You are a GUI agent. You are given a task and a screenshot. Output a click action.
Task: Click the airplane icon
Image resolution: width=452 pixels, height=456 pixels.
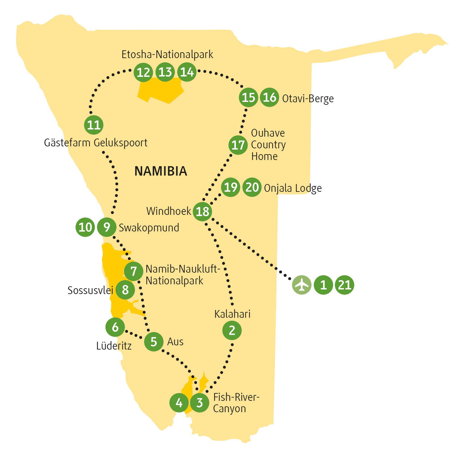click(302, 285)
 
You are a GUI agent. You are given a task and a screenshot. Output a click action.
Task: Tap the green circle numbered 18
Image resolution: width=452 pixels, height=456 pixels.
click(202, 212)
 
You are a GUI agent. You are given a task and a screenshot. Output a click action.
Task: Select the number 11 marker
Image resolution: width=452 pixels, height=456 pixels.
click(94, 125)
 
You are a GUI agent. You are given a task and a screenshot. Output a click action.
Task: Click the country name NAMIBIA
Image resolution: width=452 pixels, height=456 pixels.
click(161, 171)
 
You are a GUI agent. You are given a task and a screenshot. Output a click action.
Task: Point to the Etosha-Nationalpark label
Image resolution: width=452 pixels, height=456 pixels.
click(167, 55)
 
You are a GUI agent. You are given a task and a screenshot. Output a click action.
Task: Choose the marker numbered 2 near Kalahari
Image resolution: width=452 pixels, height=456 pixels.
click(232, 330)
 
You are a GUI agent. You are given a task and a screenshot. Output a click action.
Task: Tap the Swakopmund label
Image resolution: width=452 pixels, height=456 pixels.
click(149, 228)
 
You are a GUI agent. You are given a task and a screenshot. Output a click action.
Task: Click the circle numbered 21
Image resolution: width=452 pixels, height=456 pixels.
click(345, 285)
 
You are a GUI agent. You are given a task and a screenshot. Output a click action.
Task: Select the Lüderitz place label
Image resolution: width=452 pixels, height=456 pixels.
click(114, 346)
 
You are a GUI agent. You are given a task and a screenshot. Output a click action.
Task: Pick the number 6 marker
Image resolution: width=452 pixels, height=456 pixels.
click(115, 327)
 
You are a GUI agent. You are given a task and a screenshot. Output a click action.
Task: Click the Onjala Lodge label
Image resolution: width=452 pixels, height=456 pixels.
click(293, 188)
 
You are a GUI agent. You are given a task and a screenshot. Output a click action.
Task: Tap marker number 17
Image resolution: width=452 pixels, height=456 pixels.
click(238, 145)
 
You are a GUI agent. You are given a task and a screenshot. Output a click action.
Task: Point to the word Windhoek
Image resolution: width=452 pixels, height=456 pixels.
click(169, 211)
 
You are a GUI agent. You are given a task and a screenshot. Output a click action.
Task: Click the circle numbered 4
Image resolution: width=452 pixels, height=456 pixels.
click(179, 403)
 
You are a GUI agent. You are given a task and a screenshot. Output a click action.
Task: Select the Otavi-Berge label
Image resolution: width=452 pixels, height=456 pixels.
click(308, 99)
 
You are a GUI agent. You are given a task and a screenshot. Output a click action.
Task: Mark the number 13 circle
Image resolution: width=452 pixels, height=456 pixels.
click(165, 72)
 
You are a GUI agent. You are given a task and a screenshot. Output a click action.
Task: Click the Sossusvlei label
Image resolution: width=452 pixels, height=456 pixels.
click(90, 290)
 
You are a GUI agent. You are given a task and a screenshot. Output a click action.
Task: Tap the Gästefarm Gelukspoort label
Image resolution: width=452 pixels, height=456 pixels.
click(96, 143)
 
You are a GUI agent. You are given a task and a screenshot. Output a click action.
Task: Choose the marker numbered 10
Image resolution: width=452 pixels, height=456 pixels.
click(85, 227)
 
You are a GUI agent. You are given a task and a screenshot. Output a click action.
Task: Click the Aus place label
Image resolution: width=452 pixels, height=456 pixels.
click(175, 342)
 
